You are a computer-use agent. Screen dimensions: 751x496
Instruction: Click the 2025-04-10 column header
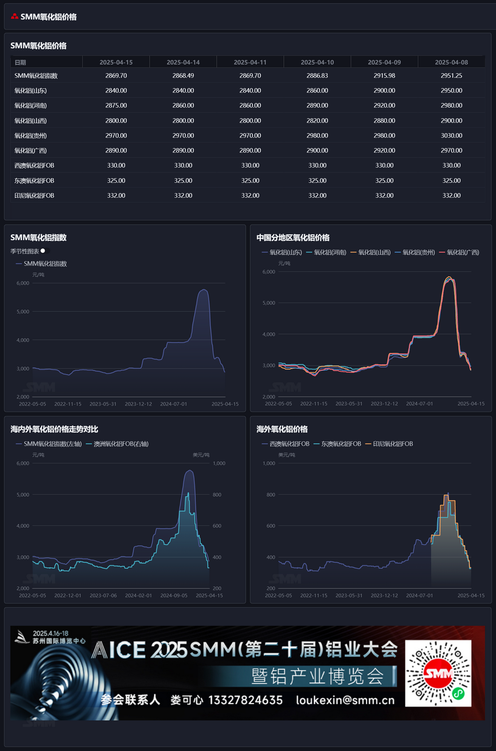[x=317, y=62]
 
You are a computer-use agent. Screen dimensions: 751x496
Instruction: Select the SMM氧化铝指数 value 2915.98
[x=384, y=76]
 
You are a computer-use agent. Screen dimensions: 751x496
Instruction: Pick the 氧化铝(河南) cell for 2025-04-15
[x=116, y=106]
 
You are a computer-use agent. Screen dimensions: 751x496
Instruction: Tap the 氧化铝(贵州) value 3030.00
[x=451, y=136]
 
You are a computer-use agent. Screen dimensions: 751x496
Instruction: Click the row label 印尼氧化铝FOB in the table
[x=34, y=196]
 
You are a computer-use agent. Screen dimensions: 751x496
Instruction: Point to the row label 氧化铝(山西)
[x=31, y=121]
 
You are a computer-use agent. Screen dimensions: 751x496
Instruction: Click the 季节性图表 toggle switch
[x=44, y=251]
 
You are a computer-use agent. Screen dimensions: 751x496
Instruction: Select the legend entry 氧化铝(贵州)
[x=415, y=252]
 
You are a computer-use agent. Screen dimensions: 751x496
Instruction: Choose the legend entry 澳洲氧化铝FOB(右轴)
[x=118, y=444]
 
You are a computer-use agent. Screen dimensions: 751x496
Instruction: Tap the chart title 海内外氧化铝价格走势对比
[x=54, y=429]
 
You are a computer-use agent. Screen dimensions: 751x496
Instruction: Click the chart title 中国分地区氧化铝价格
[x=293, y=238]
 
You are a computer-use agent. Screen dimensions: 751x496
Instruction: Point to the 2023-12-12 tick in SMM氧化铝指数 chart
[x=139, y=404]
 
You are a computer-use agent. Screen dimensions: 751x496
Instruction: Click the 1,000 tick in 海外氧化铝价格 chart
[x=269, y=463]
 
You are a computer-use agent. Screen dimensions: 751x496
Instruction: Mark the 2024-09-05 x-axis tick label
[x=174, y=596]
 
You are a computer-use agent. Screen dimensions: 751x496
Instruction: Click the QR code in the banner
[x=438, y=673]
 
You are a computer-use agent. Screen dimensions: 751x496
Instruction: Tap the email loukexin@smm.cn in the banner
[x=345, y=700]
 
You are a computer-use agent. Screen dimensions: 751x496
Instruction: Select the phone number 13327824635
[x=246, y=700]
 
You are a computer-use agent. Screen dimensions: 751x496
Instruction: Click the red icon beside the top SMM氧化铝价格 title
[x=15, y=16]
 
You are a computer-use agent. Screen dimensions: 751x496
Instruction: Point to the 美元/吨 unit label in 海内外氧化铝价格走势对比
[x=201, y=455]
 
